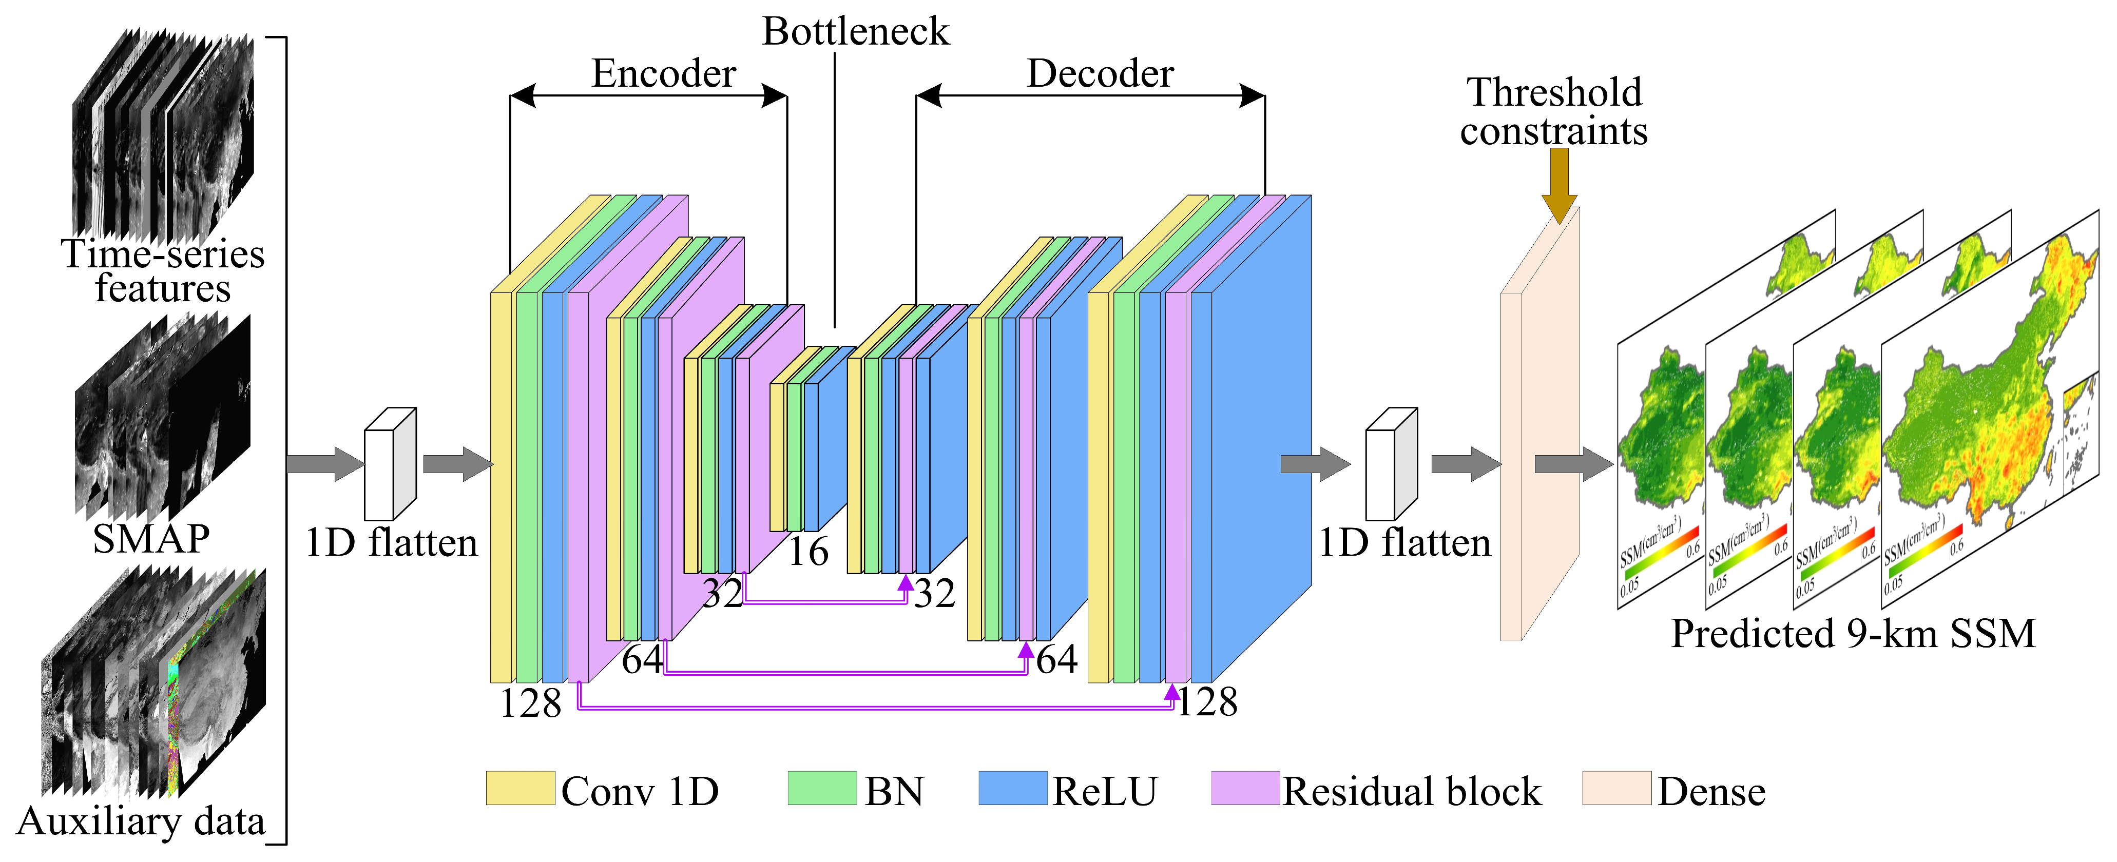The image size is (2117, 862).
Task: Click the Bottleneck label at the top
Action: pos(856,32)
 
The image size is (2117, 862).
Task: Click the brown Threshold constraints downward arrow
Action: pos(1559,185)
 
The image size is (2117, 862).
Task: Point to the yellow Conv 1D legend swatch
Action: pos(519,788)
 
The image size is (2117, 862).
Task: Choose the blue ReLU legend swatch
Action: pos(1012,788)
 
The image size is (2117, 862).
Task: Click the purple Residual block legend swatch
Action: pos(1244,788)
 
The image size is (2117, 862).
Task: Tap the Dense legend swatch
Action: pos(1616,788)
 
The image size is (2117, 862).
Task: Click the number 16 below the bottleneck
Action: pos(808,552)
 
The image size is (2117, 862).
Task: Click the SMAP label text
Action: pos(151,539)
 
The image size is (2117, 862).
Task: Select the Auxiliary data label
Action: pos(141,821)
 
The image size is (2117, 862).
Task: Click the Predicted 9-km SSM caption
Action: pos(1853,634)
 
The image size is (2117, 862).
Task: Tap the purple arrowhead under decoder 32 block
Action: pos(906,583)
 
